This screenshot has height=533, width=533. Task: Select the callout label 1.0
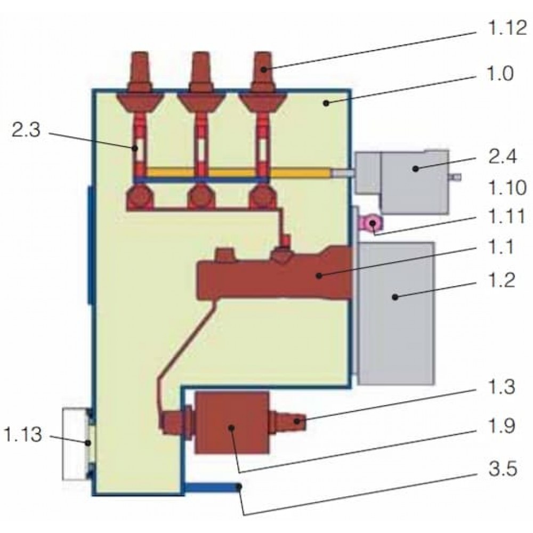coord(499,74)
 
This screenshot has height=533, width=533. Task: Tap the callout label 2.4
coord(503,157)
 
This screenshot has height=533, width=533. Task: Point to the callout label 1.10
coord(507,188)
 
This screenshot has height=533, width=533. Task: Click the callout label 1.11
coord(506,217)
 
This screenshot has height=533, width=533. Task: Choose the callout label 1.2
coord(501,281)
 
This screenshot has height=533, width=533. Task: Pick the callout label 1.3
coord(502,387)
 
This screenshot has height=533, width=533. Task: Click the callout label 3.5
coord(503,469)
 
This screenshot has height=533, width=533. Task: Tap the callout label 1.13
coord(23,434)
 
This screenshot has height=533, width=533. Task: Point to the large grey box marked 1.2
coord(397,313)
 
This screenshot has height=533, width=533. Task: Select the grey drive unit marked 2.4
coord(408,182)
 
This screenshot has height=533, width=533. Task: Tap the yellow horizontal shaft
coord(238,172)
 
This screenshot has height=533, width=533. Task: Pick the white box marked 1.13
coord(76,443)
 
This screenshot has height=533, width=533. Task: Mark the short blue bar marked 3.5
coord(213,488)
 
